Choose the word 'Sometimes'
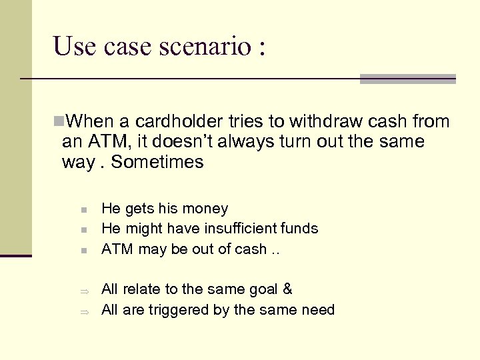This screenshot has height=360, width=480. coord(157,163)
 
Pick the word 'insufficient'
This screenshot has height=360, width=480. coord(237,229)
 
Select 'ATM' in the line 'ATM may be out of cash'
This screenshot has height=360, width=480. coord(115,249)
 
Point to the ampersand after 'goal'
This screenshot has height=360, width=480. coord(287,289)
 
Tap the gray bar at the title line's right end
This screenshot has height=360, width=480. coord(407,79)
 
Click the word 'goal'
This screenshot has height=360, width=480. coord(263,290)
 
